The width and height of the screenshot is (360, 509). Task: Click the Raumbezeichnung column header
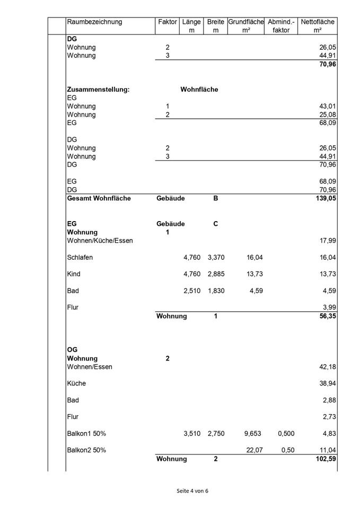94,22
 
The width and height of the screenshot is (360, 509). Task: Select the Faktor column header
168,22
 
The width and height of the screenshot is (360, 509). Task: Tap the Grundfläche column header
246,22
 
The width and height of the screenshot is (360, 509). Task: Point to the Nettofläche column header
317,22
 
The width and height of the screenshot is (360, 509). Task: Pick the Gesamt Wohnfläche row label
99,199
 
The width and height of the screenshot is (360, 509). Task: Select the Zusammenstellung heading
98,90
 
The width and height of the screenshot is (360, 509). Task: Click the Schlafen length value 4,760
192,258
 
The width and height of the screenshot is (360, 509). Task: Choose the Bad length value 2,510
192,291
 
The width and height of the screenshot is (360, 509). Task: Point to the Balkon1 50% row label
86,434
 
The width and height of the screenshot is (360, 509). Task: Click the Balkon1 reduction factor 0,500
286,434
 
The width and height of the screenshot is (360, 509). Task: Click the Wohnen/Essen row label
90,367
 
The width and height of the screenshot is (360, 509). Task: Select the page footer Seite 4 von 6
192,491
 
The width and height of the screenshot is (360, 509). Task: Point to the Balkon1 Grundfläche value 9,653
253,434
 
